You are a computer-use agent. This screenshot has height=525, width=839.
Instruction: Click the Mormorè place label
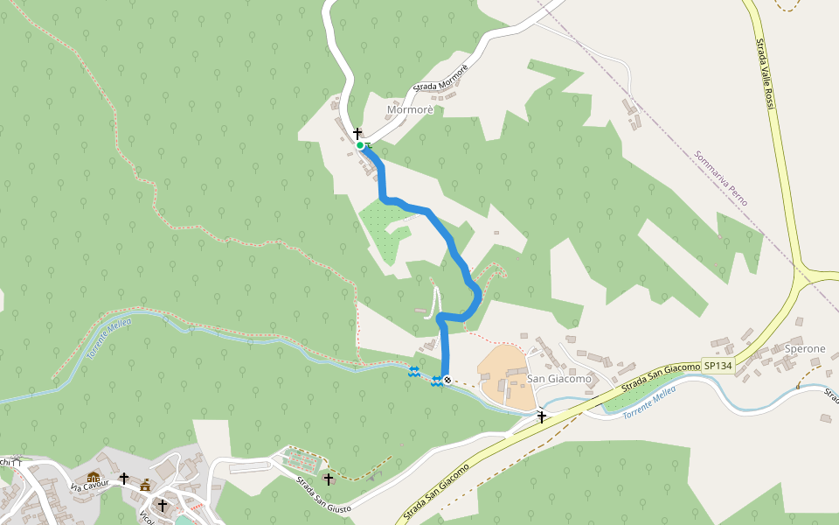(x=409, y=109)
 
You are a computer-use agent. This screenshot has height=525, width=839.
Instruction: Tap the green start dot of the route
(x=360, y=145)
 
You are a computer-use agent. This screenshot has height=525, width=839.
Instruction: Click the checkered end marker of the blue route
(x=447, y=380)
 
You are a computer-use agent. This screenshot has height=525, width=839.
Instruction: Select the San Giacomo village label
(x=558, y=379)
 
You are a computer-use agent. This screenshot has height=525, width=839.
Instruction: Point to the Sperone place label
(x=804, y=348)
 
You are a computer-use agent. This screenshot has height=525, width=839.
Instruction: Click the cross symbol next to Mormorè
(x=357, y=133)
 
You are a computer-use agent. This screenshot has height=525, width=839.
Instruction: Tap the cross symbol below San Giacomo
(x=542, y=416)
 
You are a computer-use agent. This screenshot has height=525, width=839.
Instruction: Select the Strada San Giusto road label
(x=322, y=497)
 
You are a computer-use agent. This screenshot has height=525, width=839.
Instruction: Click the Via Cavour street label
(x=91, y=484)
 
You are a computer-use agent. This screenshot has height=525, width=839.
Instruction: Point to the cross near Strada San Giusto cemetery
(x=329, y=479)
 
